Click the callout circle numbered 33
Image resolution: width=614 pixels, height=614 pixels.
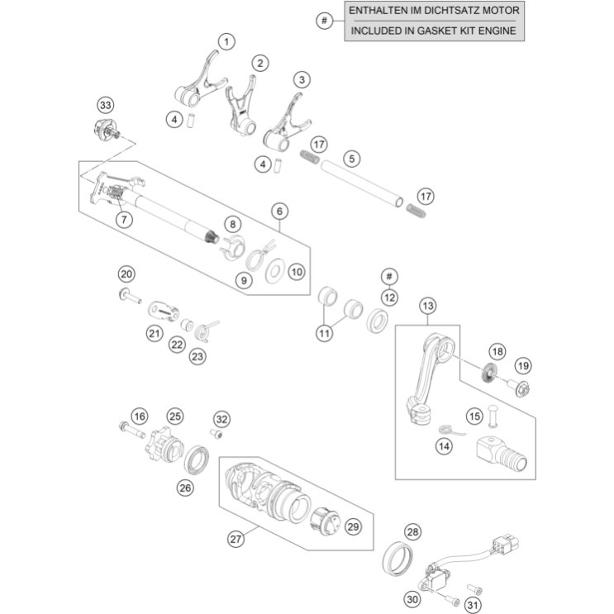tap(105, 105)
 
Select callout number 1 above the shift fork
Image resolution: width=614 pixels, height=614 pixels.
tap(226, 40)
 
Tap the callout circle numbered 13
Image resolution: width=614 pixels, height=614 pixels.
tap(426, 307)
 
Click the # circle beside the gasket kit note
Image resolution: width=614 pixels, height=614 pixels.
tap(325, 20)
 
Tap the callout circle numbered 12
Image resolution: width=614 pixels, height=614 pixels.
tap(389, 296)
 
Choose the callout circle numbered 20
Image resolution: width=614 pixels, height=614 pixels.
tap(126, 274)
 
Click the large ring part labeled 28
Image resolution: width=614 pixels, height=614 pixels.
tap(399, 559)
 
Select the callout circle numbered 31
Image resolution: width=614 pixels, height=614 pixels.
tap(472, 606)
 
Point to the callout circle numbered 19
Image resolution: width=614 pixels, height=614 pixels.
tap(522, 365)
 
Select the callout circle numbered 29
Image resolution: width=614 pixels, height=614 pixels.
tap(353, 526)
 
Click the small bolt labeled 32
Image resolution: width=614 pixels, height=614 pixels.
tap(217, 433)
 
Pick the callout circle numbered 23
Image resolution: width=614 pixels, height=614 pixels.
tap(197, 355)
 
